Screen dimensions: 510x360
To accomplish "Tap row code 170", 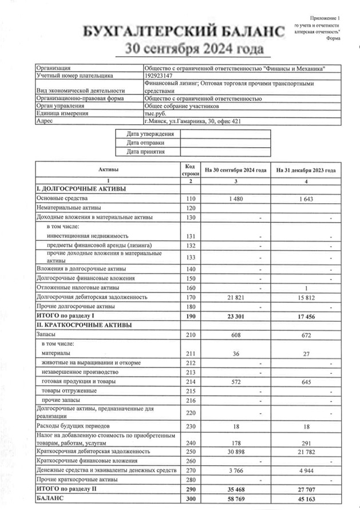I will click(x=191, y=297).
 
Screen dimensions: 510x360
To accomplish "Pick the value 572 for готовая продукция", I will click(x=236, y=381).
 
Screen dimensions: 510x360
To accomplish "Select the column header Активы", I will click(x=108, y=170).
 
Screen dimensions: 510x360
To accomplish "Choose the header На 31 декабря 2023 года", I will click(x=306, y=171).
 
